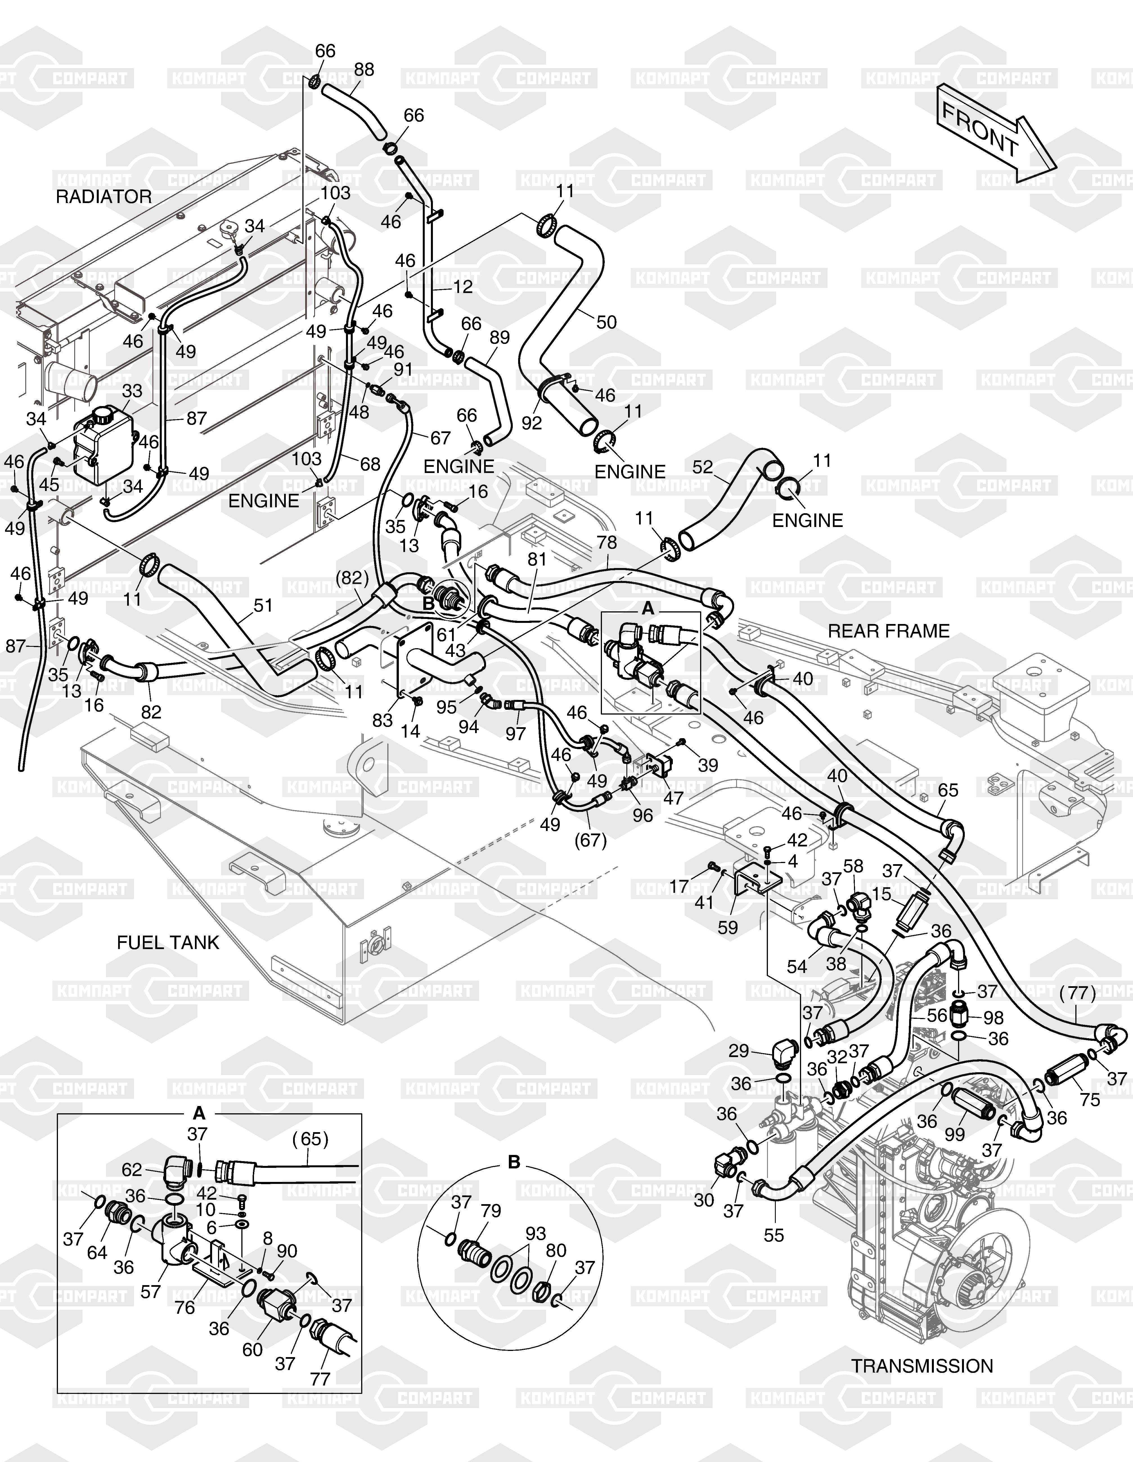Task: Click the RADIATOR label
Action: pyautogui.click(x=104, y=197)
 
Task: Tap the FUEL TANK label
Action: pyautogui.click(x=168, y=943)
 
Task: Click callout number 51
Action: pyautogui.click(x=263, y=605)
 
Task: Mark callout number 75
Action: pyautogui.click(x=1090, y=1100)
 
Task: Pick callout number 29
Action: pyautogui.click(x=739, y=1051)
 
